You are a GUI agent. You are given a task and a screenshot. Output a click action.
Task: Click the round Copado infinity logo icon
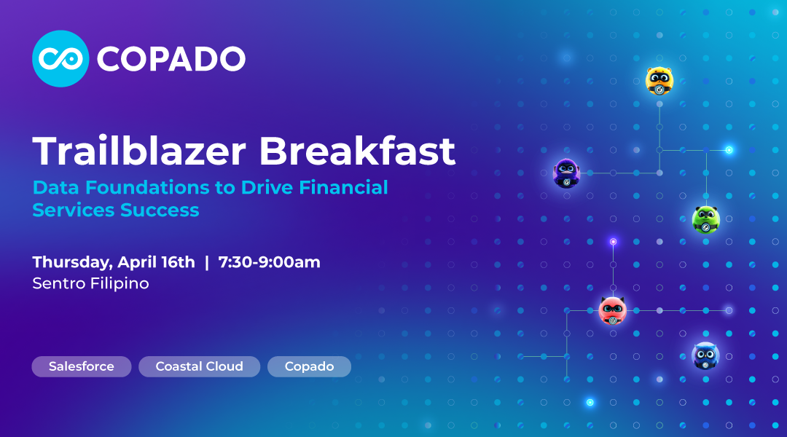click(60, 59)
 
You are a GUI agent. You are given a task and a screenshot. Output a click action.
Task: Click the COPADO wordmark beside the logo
click(171, 59)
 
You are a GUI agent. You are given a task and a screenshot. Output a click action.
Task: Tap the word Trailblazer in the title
click(139, 151)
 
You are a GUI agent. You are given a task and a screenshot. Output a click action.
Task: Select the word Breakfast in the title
click(357, 151)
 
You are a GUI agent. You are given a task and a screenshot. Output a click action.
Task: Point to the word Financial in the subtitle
click(343, 187)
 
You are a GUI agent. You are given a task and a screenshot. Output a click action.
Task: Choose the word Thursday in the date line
click(72, 262)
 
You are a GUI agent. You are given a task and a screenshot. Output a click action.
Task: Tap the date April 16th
click(156, 262)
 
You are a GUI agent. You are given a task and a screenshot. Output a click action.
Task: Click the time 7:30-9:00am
click(269, 262)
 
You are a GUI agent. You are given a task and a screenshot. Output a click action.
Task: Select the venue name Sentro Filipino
click(91, 284)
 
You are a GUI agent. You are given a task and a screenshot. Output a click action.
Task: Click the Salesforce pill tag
click(82, 366)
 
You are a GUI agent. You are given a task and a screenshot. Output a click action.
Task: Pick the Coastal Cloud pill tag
click(199, 366)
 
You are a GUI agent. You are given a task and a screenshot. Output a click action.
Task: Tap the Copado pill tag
click(309, 366)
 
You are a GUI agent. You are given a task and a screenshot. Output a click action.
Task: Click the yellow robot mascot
click(659, 81)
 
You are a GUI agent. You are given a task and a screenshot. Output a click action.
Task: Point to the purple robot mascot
click(567, 173)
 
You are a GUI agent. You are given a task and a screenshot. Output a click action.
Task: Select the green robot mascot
click(706, 219)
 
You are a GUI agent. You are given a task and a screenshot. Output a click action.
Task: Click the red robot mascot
click(613, 310)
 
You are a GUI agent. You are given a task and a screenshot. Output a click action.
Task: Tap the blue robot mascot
click(705, 356)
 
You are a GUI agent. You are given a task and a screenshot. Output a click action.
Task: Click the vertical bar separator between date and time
click(207, 262)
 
